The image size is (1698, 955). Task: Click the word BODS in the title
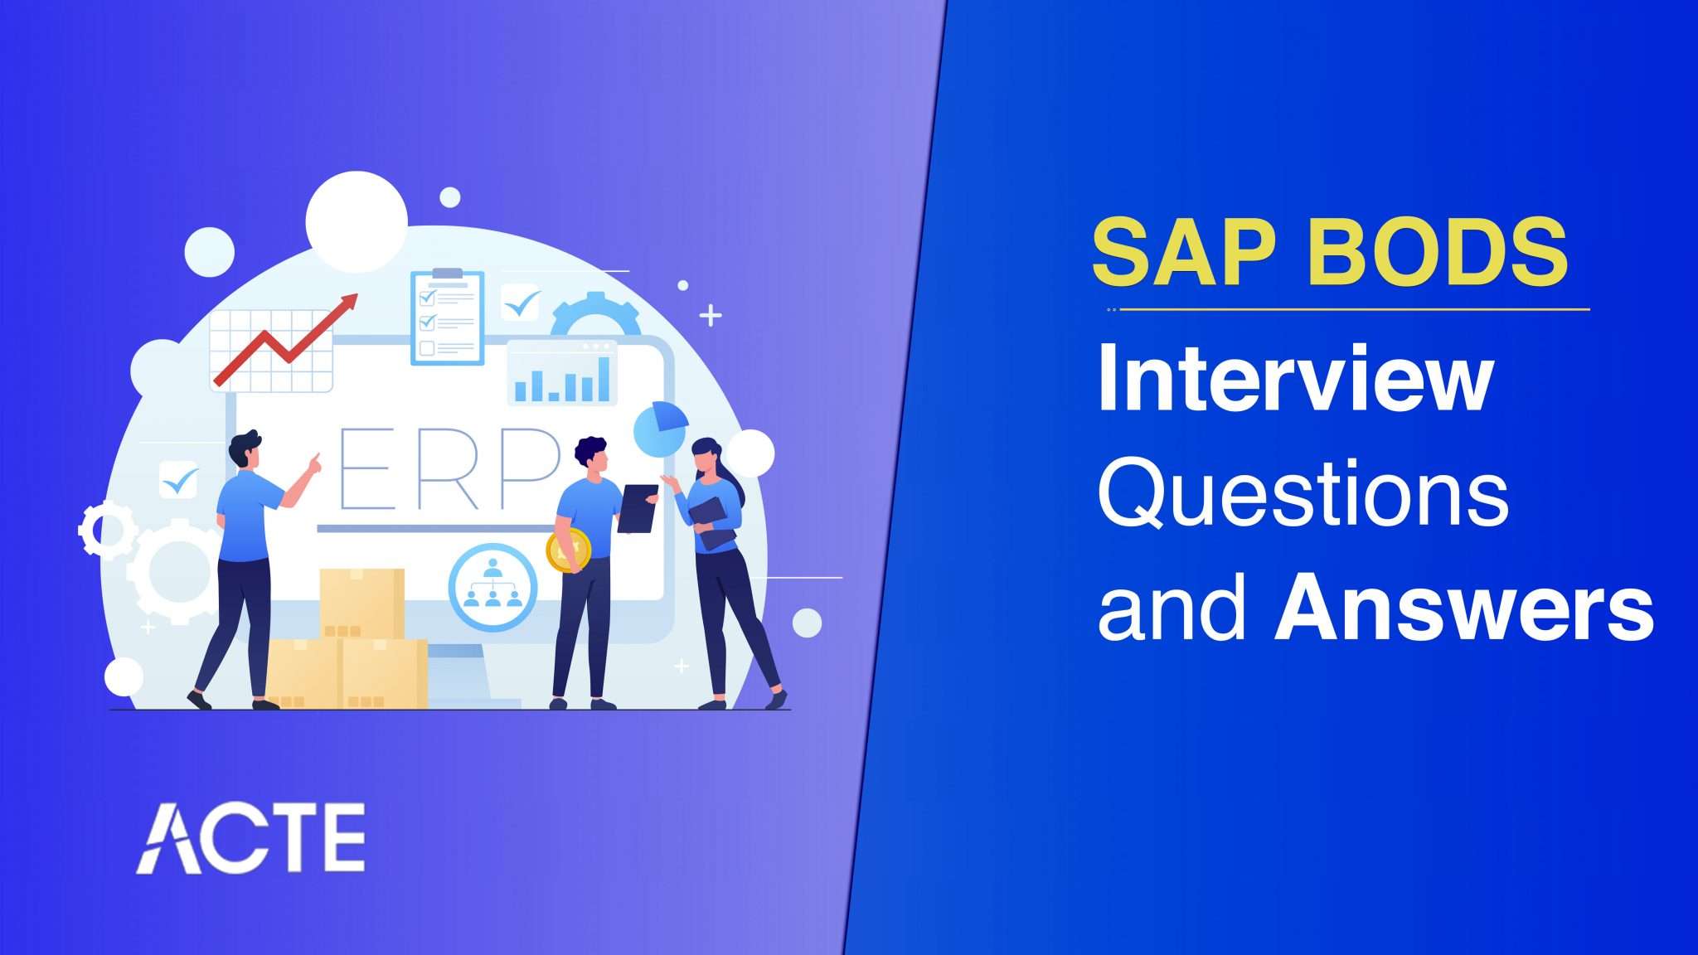[1438, 252]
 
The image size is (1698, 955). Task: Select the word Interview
[1295, 381]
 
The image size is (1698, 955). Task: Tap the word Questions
[1303, 495]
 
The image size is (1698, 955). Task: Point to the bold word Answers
[1463, 611]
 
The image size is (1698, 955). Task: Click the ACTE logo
[250, 837]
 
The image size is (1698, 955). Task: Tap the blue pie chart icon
[660, 428]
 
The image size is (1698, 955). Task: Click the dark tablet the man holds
[637, 508]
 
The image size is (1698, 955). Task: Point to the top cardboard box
[362, 603]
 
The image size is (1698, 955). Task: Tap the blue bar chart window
[562, 374]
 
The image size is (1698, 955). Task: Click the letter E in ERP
[365, 468]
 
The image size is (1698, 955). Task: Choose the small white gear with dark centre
[106, 529]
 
